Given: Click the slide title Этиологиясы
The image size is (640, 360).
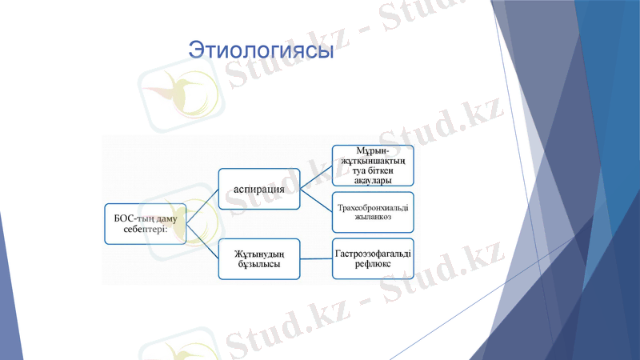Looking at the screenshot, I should pyautogui.click(x=260, y=50).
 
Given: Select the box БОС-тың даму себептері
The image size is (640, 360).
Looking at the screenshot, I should pyautogui.click(x=145, y=223).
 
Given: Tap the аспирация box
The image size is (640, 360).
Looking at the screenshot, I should pyautogui.click(x=260, y=189).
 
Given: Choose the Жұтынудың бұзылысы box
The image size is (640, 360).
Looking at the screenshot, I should pyautogui.click(x=260, y=258).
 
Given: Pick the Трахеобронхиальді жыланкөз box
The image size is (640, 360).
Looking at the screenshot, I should pyautogui.click(x=373, y=212).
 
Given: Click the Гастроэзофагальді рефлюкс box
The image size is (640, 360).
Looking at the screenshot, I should pyautogui.click(x=373, y=258).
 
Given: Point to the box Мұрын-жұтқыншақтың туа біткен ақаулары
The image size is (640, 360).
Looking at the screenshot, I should pyautogui.click(x=373, y=165).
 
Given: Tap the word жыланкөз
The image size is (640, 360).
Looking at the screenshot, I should pyautogui.click(x=373, y=218).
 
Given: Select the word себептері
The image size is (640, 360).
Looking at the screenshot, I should pyautogui.click(x=145, y=230).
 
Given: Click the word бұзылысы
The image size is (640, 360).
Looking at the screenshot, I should pyautogui.click(x=258, y=265).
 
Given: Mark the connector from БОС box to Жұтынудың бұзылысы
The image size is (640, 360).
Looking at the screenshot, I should pyautogui.click(x=202, y=241).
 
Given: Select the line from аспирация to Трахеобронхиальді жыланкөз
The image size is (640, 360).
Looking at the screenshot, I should pyautogui.click(x=317, y=200).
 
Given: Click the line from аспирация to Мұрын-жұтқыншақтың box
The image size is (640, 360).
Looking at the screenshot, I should pyautogui.click(x=317, y=178).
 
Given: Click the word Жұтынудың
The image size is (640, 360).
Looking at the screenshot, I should pyautogui.click(x=260, y=253).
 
